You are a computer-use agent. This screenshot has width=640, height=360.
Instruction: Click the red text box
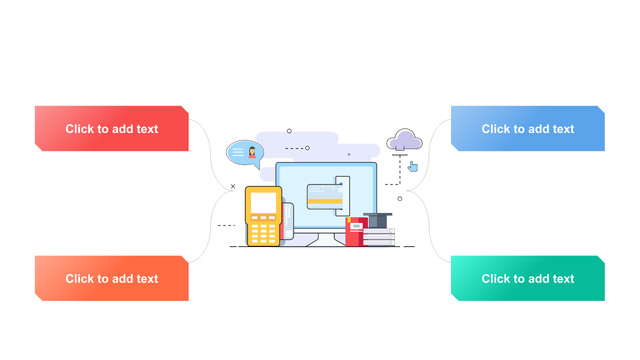click(111, 128)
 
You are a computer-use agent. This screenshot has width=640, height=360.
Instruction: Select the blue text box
click(527, 128)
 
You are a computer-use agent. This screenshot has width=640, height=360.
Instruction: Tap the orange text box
click(111, 278)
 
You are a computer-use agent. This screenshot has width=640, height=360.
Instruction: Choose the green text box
click(527, 278)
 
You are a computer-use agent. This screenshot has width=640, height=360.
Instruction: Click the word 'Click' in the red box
click(79, 129)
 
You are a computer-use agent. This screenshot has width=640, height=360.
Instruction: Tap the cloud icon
click(404, 139)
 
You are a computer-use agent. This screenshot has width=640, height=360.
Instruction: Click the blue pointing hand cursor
click(412, 166)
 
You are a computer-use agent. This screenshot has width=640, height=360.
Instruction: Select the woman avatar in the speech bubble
click(252, 152)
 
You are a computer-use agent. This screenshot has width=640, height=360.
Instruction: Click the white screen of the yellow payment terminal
click(263, 202)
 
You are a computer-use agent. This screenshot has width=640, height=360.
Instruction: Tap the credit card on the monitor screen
click(324, 196)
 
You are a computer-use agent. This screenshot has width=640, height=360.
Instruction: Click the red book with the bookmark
click(355, 232)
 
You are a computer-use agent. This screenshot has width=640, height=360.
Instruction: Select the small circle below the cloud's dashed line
click(400, 198)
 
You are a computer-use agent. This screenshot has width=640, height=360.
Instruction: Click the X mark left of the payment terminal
click(233, 186)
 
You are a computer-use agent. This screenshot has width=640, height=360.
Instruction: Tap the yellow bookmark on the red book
click(349, 220)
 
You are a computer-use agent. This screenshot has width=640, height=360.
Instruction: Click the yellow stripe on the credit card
click(324, 201)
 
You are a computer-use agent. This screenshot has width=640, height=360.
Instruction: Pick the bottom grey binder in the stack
click(378, 242)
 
